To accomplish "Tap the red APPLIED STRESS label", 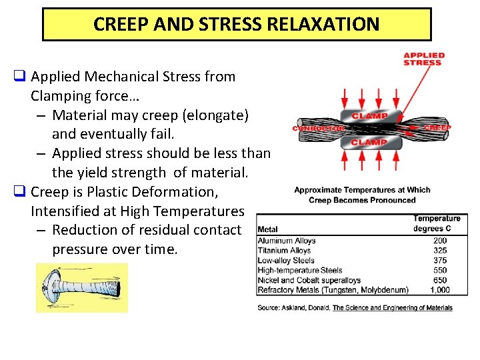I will coord(424,59).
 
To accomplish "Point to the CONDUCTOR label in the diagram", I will coord(317,128).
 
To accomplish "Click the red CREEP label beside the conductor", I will coord(437,127).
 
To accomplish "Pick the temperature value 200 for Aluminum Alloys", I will coord(439,241).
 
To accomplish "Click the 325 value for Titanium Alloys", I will coord(439,251).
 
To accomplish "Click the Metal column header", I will coord(267,229).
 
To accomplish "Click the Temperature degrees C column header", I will coord(437,223).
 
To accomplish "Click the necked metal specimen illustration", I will coord(81,287).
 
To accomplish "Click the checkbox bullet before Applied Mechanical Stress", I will coord(19,77).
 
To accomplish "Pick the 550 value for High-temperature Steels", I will coord(439,270).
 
